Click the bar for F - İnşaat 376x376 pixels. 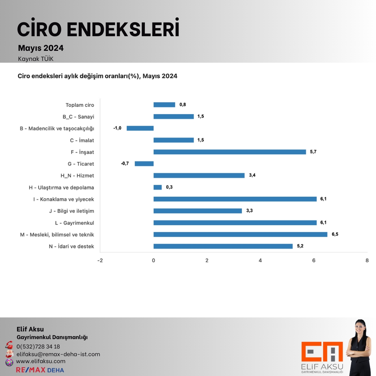point(230,152)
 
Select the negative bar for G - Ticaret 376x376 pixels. point(144,164)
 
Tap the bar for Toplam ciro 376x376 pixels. point(164,105)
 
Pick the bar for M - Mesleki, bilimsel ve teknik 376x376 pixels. point(240,234)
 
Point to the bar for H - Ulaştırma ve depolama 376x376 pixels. point(158,187)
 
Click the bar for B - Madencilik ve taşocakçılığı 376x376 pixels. point(140,128)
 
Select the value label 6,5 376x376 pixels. point(335,234)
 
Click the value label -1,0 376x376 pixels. point(117,128)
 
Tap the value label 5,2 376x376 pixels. point(300,246)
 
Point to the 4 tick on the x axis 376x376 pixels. point(260,260)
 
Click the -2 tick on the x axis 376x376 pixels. point(100,260)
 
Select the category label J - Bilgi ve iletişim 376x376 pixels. point(72,211)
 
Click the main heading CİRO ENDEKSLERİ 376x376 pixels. point(98,29)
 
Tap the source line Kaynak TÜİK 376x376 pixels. point(36,59)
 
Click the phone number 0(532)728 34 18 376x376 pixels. point(38,346)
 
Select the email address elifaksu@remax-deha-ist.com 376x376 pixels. point(58,354)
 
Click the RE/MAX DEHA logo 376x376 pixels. point(40,370)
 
